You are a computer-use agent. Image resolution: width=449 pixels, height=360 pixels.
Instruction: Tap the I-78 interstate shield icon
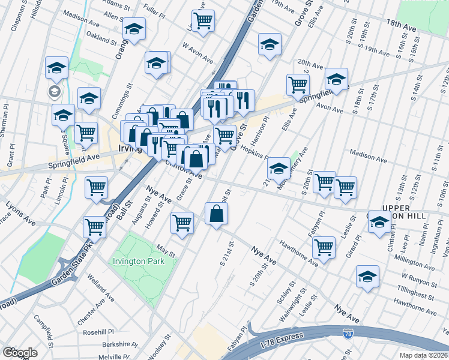click(348, 334)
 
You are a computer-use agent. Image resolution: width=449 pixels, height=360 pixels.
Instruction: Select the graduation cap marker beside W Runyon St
click(367, 276)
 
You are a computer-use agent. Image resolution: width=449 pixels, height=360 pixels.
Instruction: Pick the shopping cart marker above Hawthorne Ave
click(324, 247)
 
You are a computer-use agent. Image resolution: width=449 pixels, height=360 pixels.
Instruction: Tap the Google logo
click(20, 352)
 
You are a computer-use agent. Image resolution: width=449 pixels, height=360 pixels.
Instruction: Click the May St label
click(164, 249)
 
